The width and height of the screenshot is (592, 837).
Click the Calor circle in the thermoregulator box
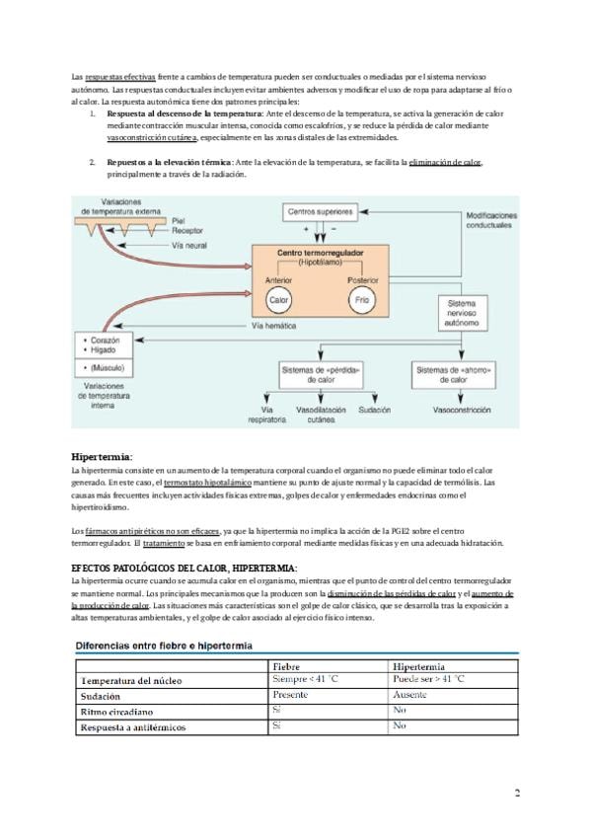278,299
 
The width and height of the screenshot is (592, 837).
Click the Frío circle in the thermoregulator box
362,299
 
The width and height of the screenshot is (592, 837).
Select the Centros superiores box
322,212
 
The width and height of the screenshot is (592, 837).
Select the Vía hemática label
274,325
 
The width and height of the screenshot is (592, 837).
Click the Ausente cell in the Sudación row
408,694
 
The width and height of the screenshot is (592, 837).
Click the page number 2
516,794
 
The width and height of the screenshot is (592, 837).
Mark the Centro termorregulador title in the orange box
321,254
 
